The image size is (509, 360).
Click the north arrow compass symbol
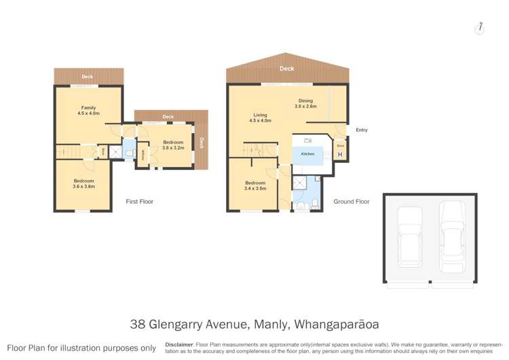click(480, 28)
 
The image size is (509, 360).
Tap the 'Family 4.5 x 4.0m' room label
click(89, 111)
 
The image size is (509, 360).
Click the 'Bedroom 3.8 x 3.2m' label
click(174, 145)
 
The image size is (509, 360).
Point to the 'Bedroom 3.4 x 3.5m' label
click(255, 185)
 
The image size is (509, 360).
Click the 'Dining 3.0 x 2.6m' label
click(305, 103)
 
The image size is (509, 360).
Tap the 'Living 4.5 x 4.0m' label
click(261, 118)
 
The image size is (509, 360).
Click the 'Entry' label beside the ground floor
click(361, 130)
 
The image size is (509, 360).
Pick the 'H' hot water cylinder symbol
click(340, 154)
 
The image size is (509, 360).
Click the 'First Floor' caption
click(140, 202)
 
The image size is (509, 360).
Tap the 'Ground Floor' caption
click(351, 202)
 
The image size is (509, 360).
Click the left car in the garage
click(409, 236)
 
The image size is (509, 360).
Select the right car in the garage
click(451, 236)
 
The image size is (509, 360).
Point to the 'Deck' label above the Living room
click(287, 69)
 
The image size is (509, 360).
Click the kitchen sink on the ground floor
click(308, 141)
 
